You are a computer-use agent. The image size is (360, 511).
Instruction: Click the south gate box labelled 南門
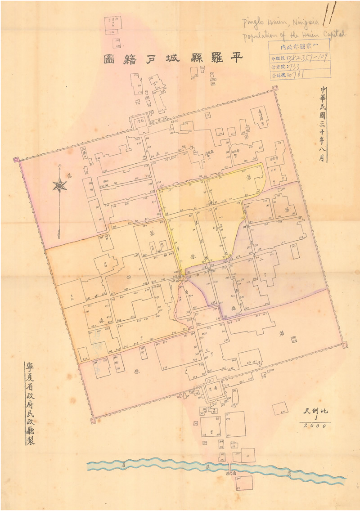[x=212, y=387]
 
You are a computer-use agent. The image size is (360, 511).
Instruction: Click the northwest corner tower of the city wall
[x=17, y=159]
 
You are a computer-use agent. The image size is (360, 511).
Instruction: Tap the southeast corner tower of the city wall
[x=345, y=345]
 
